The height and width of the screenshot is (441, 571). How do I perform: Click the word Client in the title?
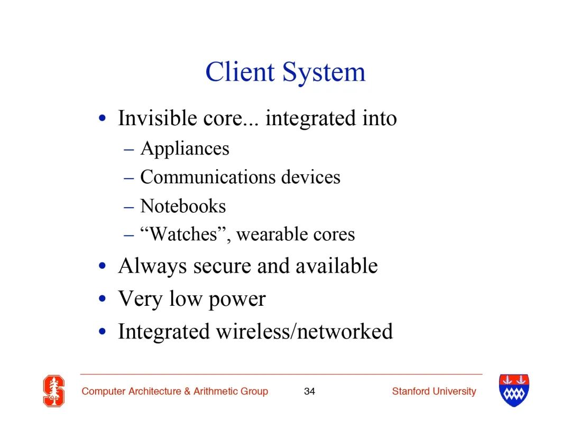240,72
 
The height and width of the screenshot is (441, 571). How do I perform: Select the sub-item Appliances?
185,149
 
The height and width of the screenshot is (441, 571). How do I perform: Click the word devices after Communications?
311,177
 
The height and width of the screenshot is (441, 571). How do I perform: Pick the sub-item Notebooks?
183,206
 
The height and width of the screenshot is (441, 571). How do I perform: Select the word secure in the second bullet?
222,266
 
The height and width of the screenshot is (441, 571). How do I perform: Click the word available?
336,266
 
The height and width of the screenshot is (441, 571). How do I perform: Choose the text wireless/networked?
305,332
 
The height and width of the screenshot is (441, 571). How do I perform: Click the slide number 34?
309,391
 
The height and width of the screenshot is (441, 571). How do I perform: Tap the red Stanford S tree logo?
54,391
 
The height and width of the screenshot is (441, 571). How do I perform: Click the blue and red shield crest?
514,390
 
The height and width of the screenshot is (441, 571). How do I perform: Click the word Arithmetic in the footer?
216,391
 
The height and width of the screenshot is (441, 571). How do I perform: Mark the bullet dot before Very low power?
103,298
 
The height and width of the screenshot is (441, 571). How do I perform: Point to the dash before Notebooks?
129,208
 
